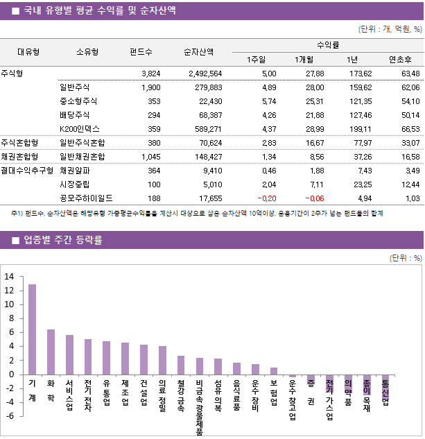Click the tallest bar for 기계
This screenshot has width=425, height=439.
(33, 329)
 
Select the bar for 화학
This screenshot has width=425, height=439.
(51, 352)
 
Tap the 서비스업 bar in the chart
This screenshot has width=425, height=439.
(69, 354)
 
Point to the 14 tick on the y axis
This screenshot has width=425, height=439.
(9, 277)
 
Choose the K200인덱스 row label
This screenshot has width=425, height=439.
(80, 128)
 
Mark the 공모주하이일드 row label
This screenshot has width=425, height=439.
(87, 198)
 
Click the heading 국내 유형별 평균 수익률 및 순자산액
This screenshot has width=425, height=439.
(99, 10)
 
